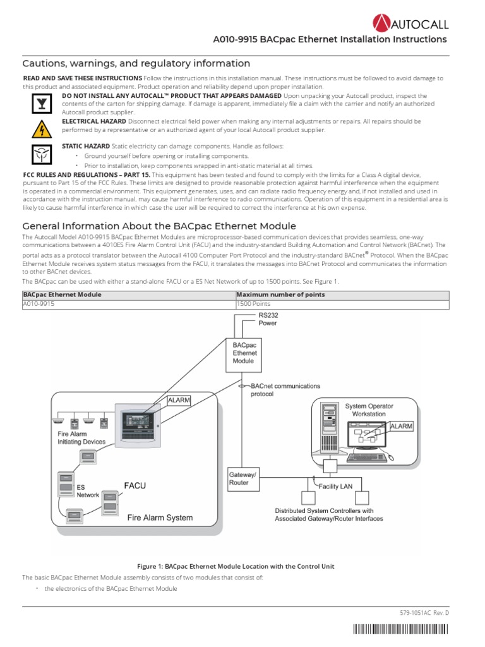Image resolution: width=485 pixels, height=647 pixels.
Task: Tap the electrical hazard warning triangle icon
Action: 38,128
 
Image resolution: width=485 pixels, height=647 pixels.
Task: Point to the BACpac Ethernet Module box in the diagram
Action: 244,353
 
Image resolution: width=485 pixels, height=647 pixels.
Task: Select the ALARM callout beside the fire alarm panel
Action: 178,400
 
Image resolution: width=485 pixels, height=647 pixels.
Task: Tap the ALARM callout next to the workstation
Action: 402,426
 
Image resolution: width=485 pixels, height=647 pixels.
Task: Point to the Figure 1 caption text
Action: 235,566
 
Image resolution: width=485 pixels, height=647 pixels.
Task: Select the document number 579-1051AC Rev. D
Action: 424,613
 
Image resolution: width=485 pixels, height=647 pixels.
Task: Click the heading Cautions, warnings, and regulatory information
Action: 136,63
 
